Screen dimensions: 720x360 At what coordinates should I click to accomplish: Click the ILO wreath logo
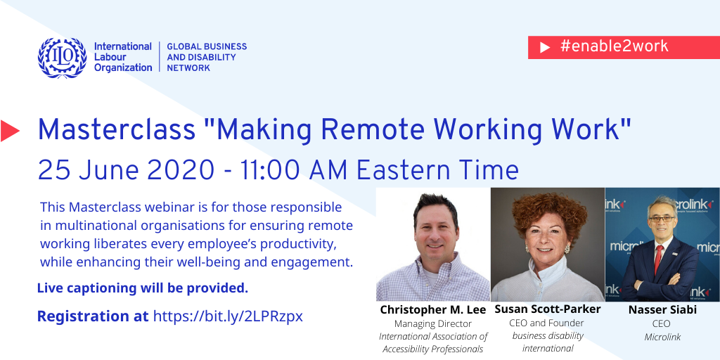coord(62,58)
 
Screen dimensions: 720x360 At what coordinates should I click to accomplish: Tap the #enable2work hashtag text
coord(615,46)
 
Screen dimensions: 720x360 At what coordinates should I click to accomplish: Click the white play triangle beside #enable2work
coord(545,47)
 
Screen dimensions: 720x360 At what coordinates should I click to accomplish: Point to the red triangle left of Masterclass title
coord(10,130)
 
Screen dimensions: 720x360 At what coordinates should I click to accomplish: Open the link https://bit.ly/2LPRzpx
coord(228,316)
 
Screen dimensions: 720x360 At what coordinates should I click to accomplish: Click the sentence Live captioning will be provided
coord(142,288)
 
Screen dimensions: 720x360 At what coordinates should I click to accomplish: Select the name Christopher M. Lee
coord(432,310)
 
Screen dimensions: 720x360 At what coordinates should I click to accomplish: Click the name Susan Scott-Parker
coord(547,309)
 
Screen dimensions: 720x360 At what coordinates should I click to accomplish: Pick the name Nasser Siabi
coord(662,310)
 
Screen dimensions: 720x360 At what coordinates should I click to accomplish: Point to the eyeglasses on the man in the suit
coord(661,219)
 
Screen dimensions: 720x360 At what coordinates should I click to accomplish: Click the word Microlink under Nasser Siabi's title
coord(662,337)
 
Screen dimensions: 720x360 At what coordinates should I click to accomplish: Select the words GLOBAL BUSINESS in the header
coord(207,46)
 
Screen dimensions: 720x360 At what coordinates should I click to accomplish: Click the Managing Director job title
coord(432,323)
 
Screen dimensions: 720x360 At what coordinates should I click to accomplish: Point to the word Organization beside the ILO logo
coord(123,67)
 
